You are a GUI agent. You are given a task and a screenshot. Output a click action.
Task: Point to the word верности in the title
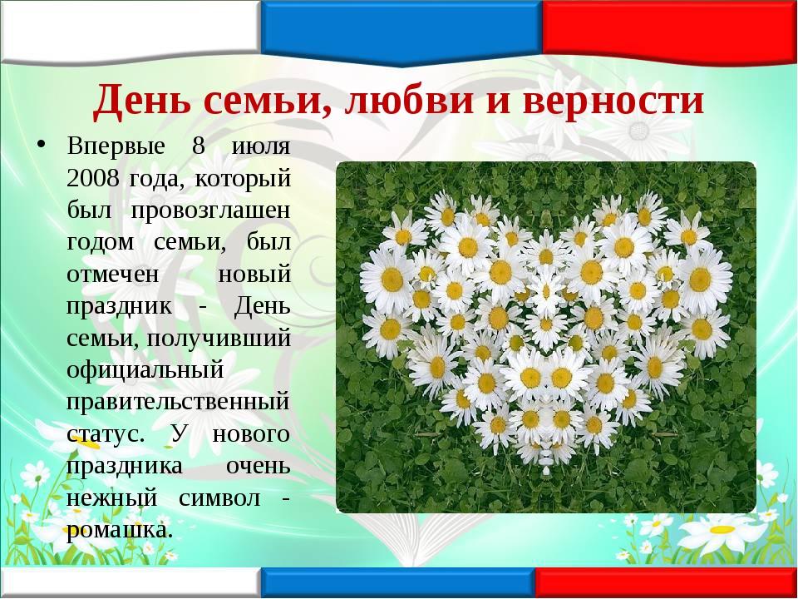tap(613, 101)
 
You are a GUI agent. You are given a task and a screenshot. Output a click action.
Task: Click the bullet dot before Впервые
tap(42, 144)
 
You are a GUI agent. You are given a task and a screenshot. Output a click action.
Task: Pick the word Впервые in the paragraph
tap(116, 146)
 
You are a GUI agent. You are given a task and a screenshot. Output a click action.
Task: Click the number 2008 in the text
tap(93, 178)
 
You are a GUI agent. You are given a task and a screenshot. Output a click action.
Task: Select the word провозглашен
tap(210, 211)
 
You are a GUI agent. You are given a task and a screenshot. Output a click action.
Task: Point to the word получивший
tap(219, 339)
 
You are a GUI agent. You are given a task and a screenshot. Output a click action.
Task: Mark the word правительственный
tap(178, 403)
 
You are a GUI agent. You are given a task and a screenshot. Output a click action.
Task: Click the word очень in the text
tap(258, 467)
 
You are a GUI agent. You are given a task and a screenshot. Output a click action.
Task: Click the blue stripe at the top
tap(401, 32)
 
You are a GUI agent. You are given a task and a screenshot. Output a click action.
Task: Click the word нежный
tap(112, 498)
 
